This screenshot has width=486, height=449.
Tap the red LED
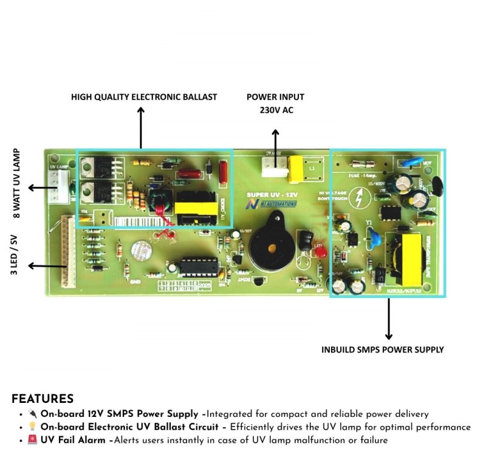(x=318, y=249)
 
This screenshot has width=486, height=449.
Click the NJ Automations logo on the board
(x=272, y=204)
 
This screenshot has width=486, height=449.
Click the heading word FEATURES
(x=43, y=399)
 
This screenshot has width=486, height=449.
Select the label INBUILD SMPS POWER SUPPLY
(x=383, y=349)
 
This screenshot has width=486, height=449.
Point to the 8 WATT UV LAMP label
(x=16, y=183)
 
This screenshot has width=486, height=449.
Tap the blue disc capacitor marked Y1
(x=374, y=238)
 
